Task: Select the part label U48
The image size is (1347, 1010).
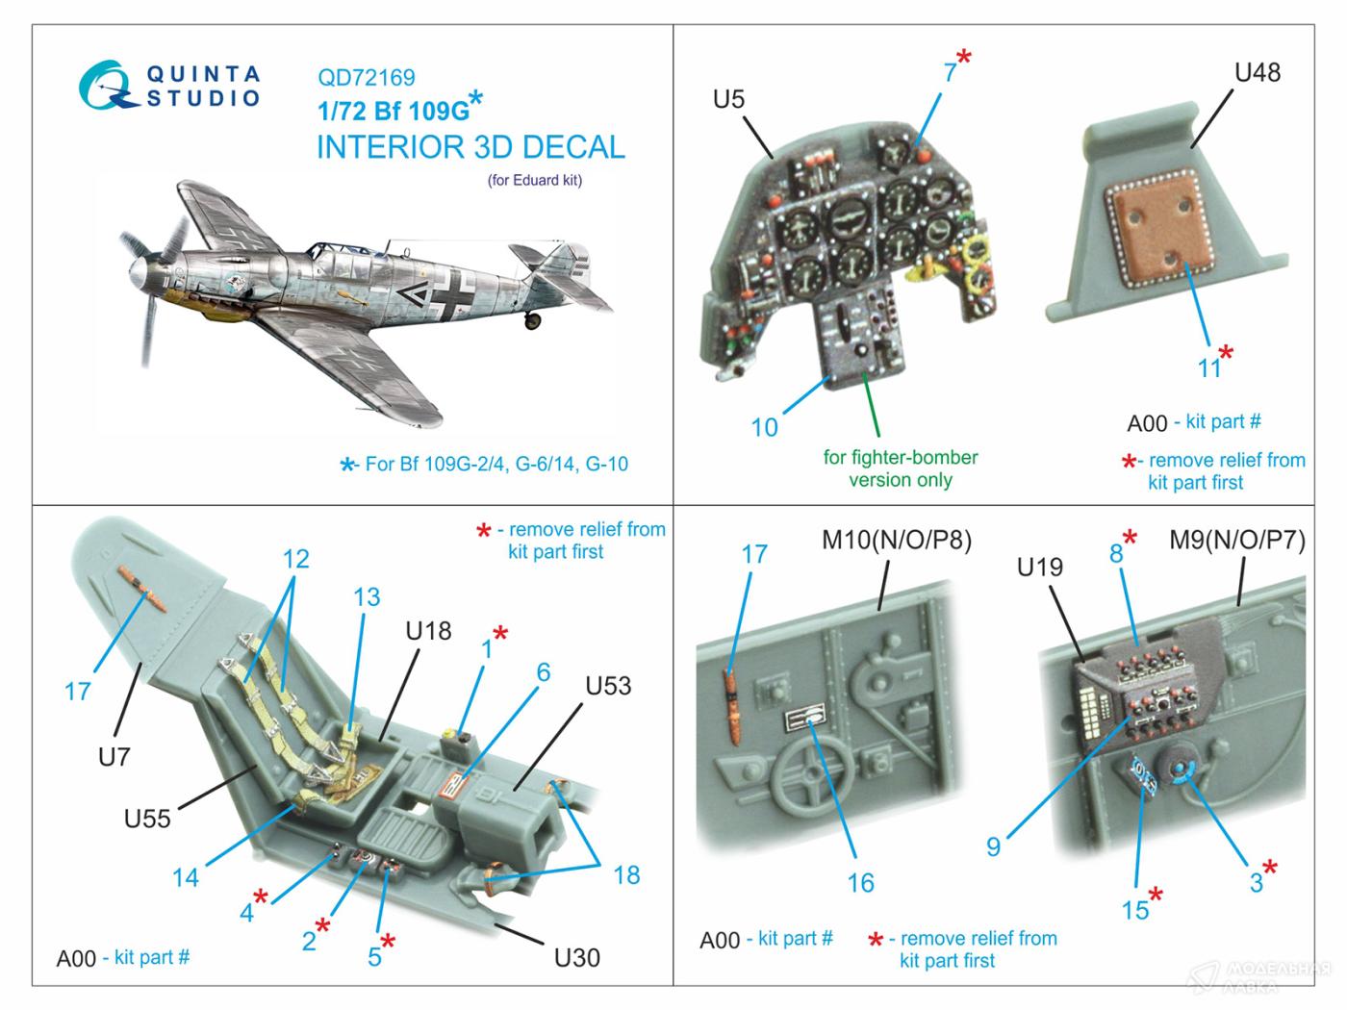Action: (x=1258, y=72)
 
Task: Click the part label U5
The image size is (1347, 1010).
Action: (x=729, y=99)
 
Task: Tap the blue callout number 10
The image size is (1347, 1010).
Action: (x=764, y=427)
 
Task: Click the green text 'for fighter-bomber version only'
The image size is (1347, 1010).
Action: (x=900, y=468)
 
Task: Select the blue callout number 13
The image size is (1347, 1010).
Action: (x=367, y=597)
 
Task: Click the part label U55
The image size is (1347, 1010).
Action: (x=147, y=819)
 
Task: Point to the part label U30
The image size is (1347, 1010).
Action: (x=577, y=957)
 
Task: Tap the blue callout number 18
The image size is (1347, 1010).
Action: (x=626, y=874)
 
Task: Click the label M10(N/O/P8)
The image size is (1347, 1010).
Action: (x=896, y=541)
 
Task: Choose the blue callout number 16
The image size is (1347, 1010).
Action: (x=860, y=882)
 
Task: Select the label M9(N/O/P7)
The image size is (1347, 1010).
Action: (x=1236, y=541)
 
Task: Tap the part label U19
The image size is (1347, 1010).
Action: (x=1040, y=568)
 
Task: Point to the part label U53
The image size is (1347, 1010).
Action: (x=608, y=686)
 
